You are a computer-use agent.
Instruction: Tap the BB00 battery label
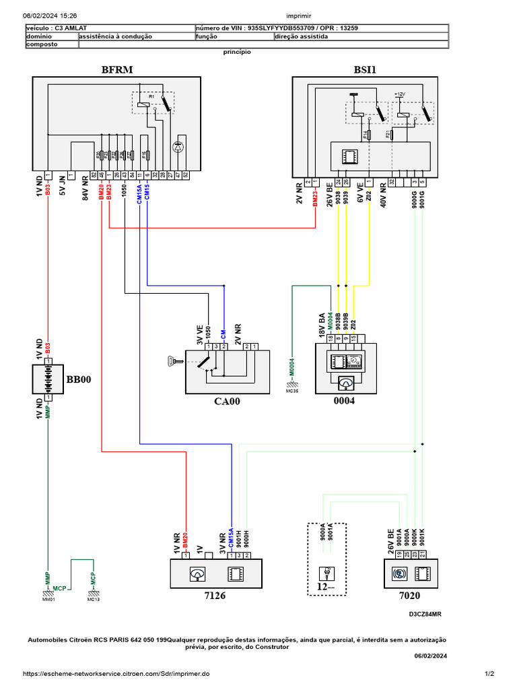(78, 379)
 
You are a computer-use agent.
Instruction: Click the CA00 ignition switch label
(226, 402)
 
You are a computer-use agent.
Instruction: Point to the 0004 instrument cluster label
(344, 402)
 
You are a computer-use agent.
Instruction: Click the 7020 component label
(409, 596)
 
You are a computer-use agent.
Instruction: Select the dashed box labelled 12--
(326, 559)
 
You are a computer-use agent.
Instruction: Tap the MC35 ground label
(292, 390)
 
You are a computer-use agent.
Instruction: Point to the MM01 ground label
(48, 598)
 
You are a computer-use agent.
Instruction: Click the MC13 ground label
(93, 598)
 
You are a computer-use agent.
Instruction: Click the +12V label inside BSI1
(399, 95)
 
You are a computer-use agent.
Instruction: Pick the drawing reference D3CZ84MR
(425, 615)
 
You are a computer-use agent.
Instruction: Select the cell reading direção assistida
(302, 37)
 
